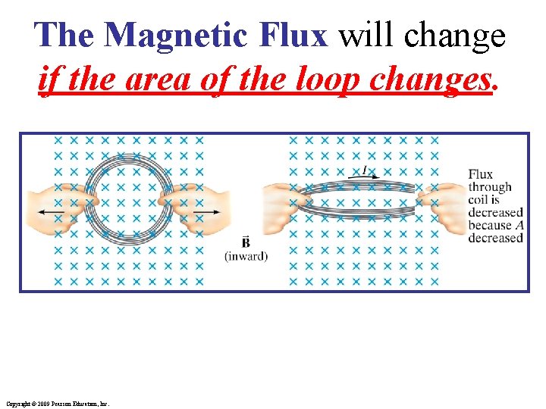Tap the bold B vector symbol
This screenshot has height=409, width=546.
246,243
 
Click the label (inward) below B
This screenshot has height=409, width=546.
246,256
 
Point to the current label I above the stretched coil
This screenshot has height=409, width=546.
366,170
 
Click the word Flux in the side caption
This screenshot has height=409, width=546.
480,174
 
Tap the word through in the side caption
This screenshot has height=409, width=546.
490,187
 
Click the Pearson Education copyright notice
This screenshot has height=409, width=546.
57,404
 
